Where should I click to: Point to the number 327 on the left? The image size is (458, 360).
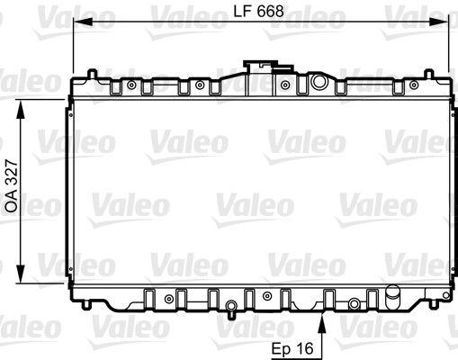[12, 184]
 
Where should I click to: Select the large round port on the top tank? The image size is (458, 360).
[318, 83]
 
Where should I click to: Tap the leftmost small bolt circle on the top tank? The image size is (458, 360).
[132, 86]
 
